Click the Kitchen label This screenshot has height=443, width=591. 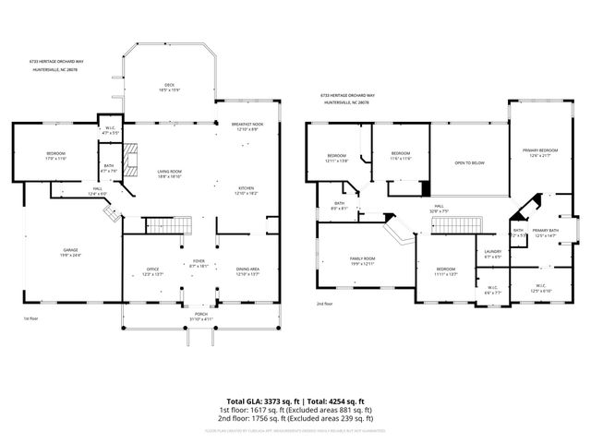(246, 189)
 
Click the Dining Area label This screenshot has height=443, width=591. (247, 271)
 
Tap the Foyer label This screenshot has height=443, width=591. (199, 264)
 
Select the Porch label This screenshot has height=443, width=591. (199, 317)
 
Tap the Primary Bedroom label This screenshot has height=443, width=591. (539, 151)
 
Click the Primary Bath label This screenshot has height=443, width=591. (546, 232)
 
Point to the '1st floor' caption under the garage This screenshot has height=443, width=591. (30, 318)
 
